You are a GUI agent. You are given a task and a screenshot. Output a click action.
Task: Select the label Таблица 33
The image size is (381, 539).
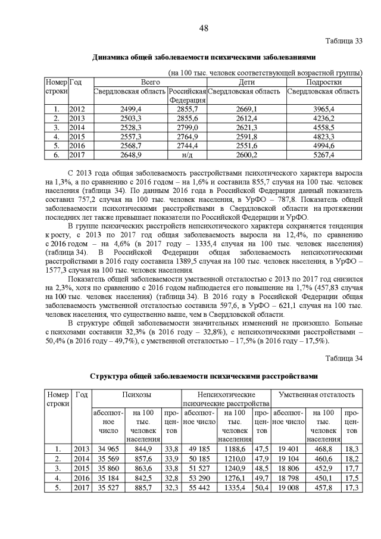coord(344,41)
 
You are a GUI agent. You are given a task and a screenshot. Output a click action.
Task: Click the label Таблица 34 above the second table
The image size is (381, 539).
coord(344,359)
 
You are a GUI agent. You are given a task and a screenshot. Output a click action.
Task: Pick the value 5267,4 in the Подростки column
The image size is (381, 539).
coord(324,155)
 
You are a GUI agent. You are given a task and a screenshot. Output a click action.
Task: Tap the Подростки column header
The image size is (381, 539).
coord(324,82)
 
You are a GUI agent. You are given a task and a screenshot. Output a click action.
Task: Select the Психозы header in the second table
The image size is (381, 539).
coord(136,395)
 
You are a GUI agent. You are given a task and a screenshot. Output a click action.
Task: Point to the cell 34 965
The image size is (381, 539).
coord(107,448)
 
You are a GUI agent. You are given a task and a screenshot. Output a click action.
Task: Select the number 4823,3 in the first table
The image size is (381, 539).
coord(324,136)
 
